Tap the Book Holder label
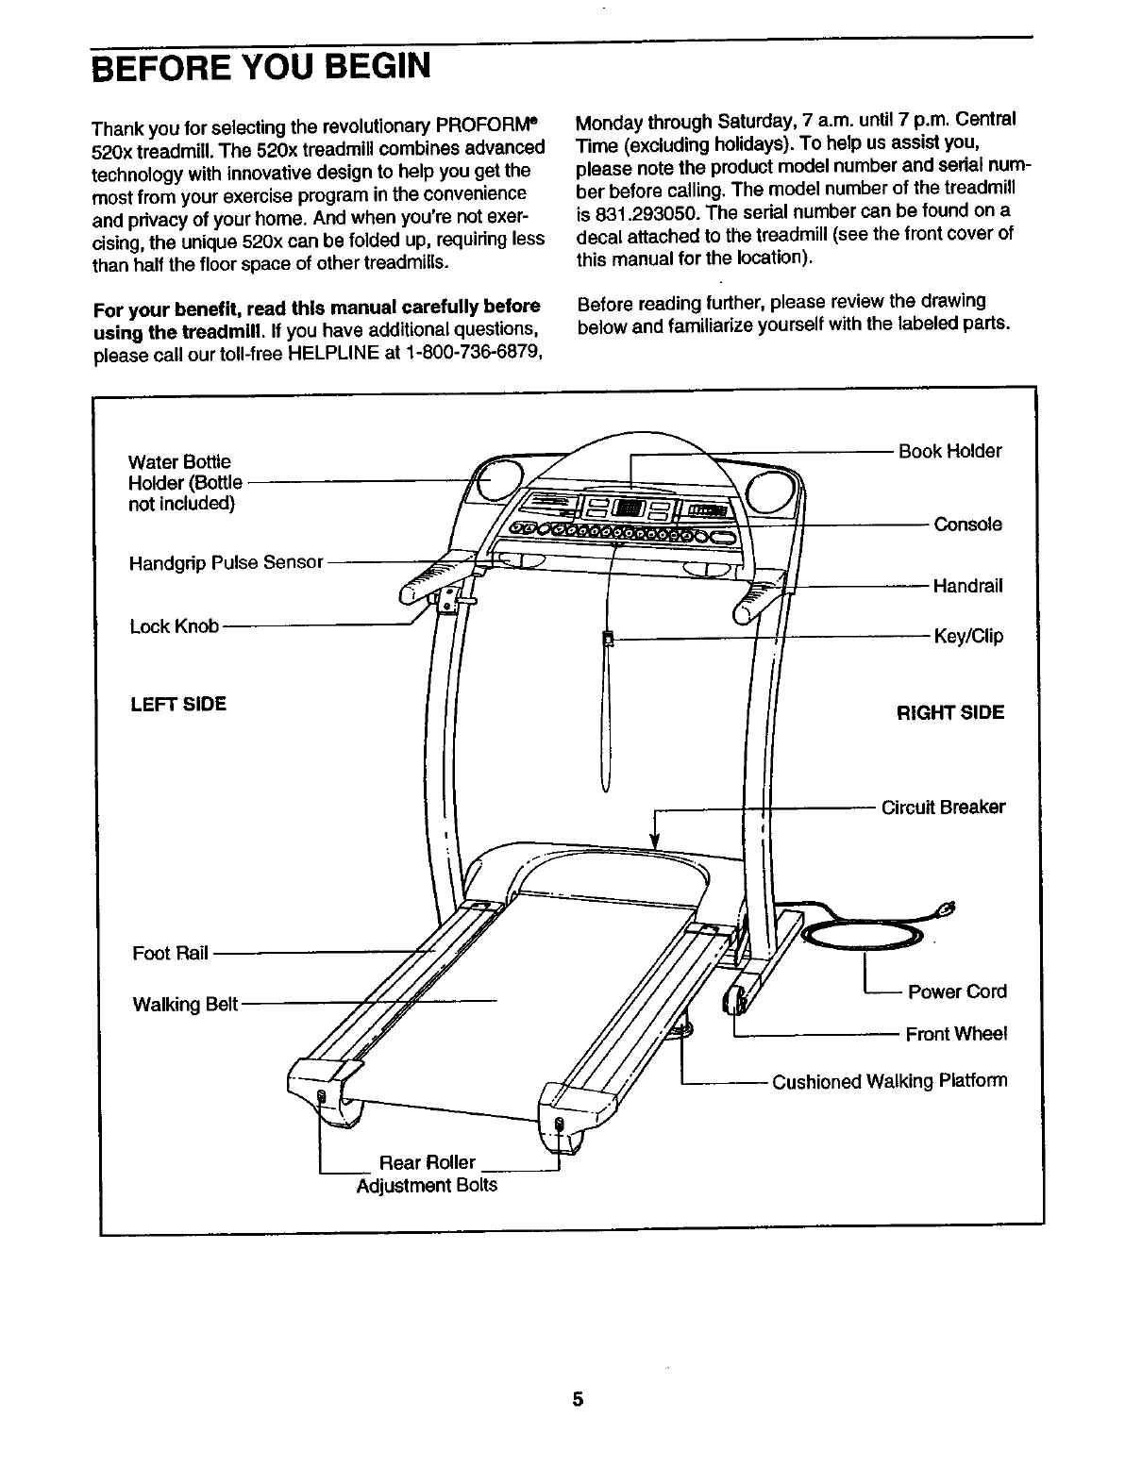949,451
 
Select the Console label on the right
967,525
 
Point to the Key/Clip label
967,636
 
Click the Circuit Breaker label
943,808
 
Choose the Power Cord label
956,991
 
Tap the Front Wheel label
956,1034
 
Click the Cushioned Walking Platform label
889,1081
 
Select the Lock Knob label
174,626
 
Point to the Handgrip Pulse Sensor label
226,563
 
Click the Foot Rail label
170,953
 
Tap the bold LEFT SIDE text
177,704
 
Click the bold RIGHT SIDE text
949,712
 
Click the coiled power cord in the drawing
860,935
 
